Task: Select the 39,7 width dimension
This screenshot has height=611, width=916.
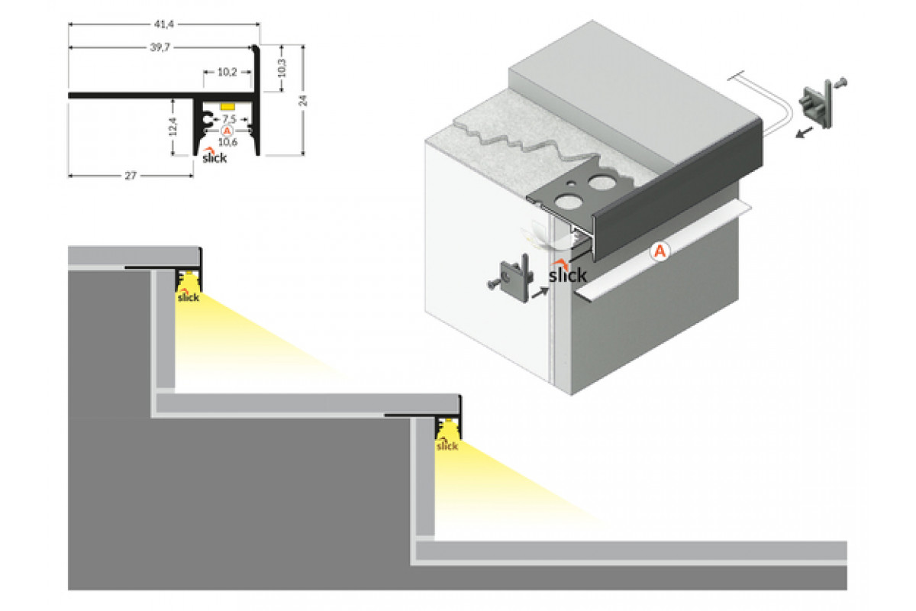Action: coord(159,47)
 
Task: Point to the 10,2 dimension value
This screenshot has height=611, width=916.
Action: coord(227,73)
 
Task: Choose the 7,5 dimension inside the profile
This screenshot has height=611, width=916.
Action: coord(228,119)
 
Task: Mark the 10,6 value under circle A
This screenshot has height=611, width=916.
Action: coord(227,141)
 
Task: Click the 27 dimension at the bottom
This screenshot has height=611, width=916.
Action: coord(131,176)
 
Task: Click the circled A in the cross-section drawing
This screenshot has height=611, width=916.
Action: coord(227,131)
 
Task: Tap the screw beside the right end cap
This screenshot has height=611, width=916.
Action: coord(842,82)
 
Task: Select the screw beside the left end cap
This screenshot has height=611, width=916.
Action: coord(492,284)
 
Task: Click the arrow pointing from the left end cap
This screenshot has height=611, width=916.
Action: coord(539,291)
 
